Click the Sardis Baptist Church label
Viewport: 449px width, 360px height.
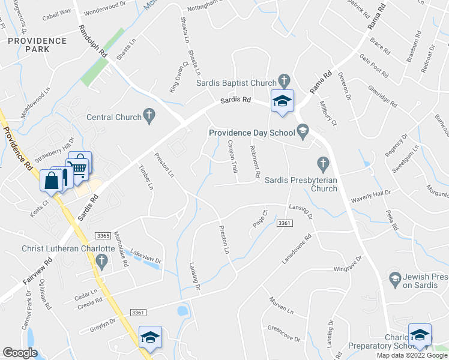(x=237, y=82)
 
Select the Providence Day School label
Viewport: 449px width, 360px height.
(x=251, y=133)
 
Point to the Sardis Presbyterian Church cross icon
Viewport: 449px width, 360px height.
(x=323, y=163)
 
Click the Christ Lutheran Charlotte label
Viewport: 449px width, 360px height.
(x=67, y=248)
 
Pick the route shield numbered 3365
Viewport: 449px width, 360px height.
(x=102, y=236)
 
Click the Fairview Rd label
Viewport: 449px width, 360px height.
(x=29, y=280)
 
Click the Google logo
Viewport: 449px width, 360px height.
(x=19, y=353)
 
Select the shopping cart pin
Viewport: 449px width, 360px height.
(x=78, y=165)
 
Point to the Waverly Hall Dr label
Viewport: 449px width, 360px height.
(x=370, y=194)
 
